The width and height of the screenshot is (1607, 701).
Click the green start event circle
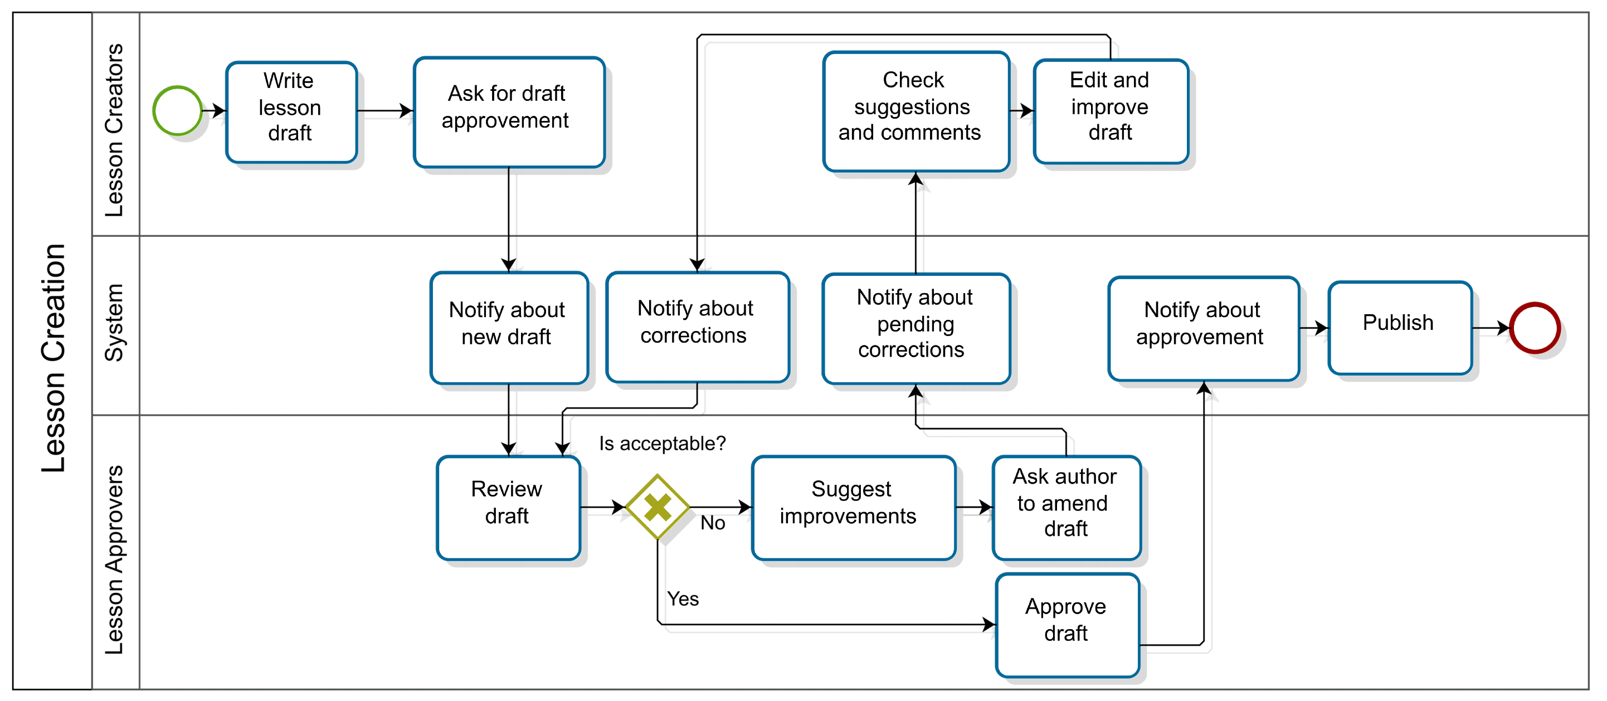point(177,110)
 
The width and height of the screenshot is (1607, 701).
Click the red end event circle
point(1534,328)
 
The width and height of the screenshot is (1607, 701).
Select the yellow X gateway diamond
point(658,507)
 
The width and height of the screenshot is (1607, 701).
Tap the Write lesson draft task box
point(291,112)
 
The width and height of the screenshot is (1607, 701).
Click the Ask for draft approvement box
point(508,112)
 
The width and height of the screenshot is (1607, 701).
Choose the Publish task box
point(1399,328)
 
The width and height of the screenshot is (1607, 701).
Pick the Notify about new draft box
point(508,328)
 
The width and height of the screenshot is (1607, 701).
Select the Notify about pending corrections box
point(915,328)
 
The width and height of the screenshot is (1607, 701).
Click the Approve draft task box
point(1067,624)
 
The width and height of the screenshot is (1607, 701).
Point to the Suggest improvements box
point(853,507)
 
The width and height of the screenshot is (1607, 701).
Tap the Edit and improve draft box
point(1110,111)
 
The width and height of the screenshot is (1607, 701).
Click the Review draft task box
point(508,507)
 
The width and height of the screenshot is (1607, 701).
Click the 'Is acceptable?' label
point(662,444)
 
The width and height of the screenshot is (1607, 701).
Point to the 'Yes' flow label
point(683,598)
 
